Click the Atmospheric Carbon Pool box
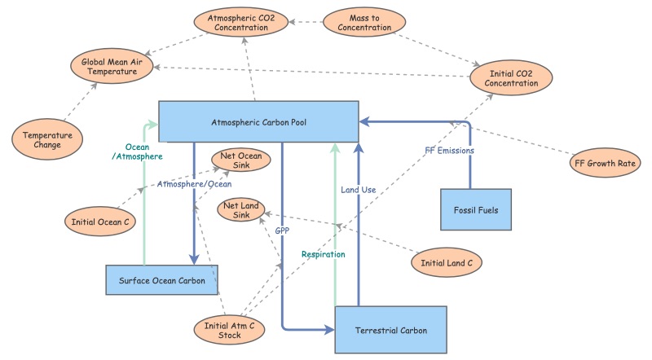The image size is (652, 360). pos(258,121)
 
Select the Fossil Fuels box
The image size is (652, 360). pos(476,209)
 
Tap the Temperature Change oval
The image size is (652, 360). pos(47,140)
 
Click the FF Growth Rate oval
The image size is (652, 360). pos(604,163)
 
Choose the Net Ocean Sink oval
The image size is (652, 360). pos(236,160)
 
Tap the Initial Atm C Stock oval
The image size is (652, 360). pos(230,330)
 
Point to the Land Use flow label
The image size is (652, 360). pos(358,190)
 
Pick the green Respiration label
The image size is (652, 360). pos(324,254)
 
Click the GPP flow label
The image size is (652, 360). pos(282,230)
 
